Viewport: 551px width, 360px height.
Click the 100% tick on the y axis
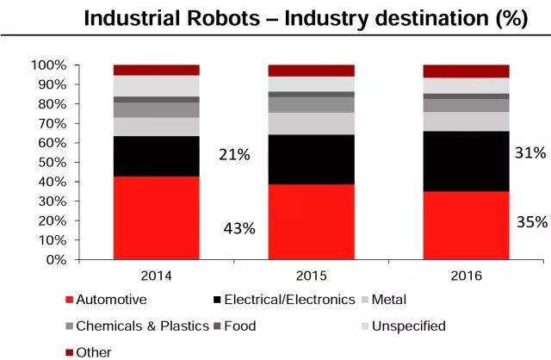tap(48, 65)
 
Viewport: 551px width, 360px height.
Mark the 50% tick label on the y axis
tap(52, 162)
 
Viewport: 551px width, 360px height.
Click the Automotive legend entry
tap(110, 301)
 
